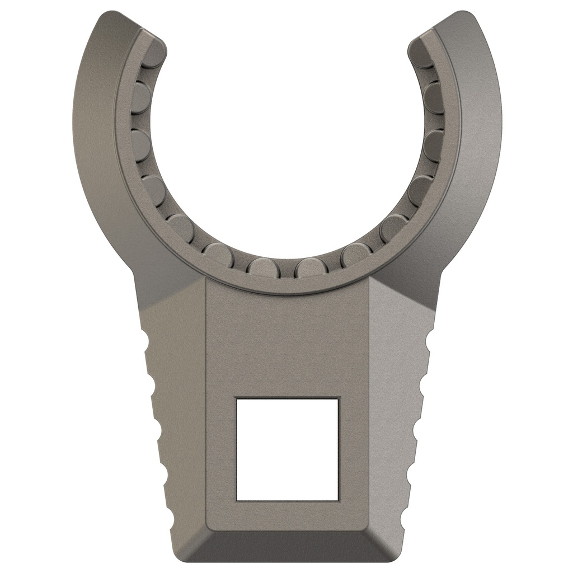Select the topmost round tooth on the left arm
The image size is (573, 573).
pyautogui.click(x=153, y=54)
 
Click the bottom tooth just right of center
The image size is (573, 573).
pyautogui.click(x=311, y=267)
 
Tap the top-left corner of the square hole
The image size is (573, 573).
pyautogui.click(x=236, y=398)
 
